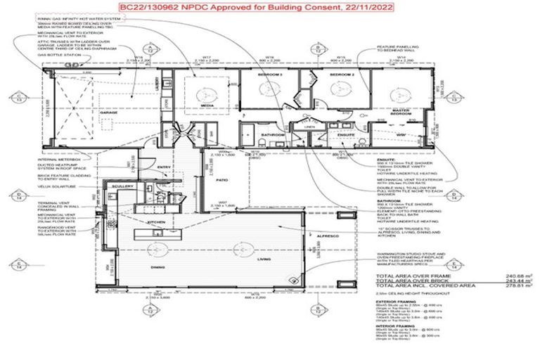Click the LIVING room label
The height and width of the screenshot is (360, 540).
point(264,259)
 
